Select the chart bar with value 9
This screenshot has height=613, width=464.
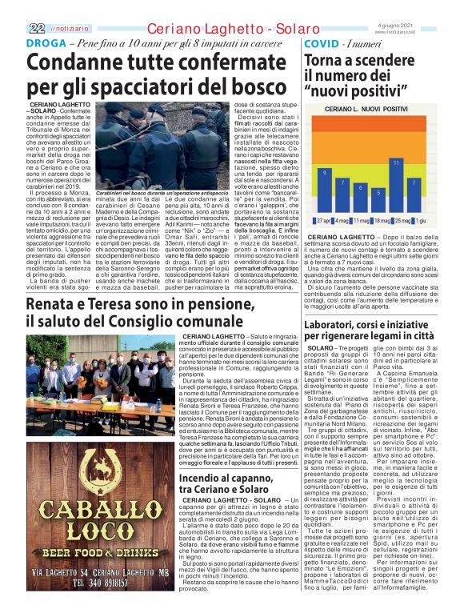[x=324, y=193]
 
